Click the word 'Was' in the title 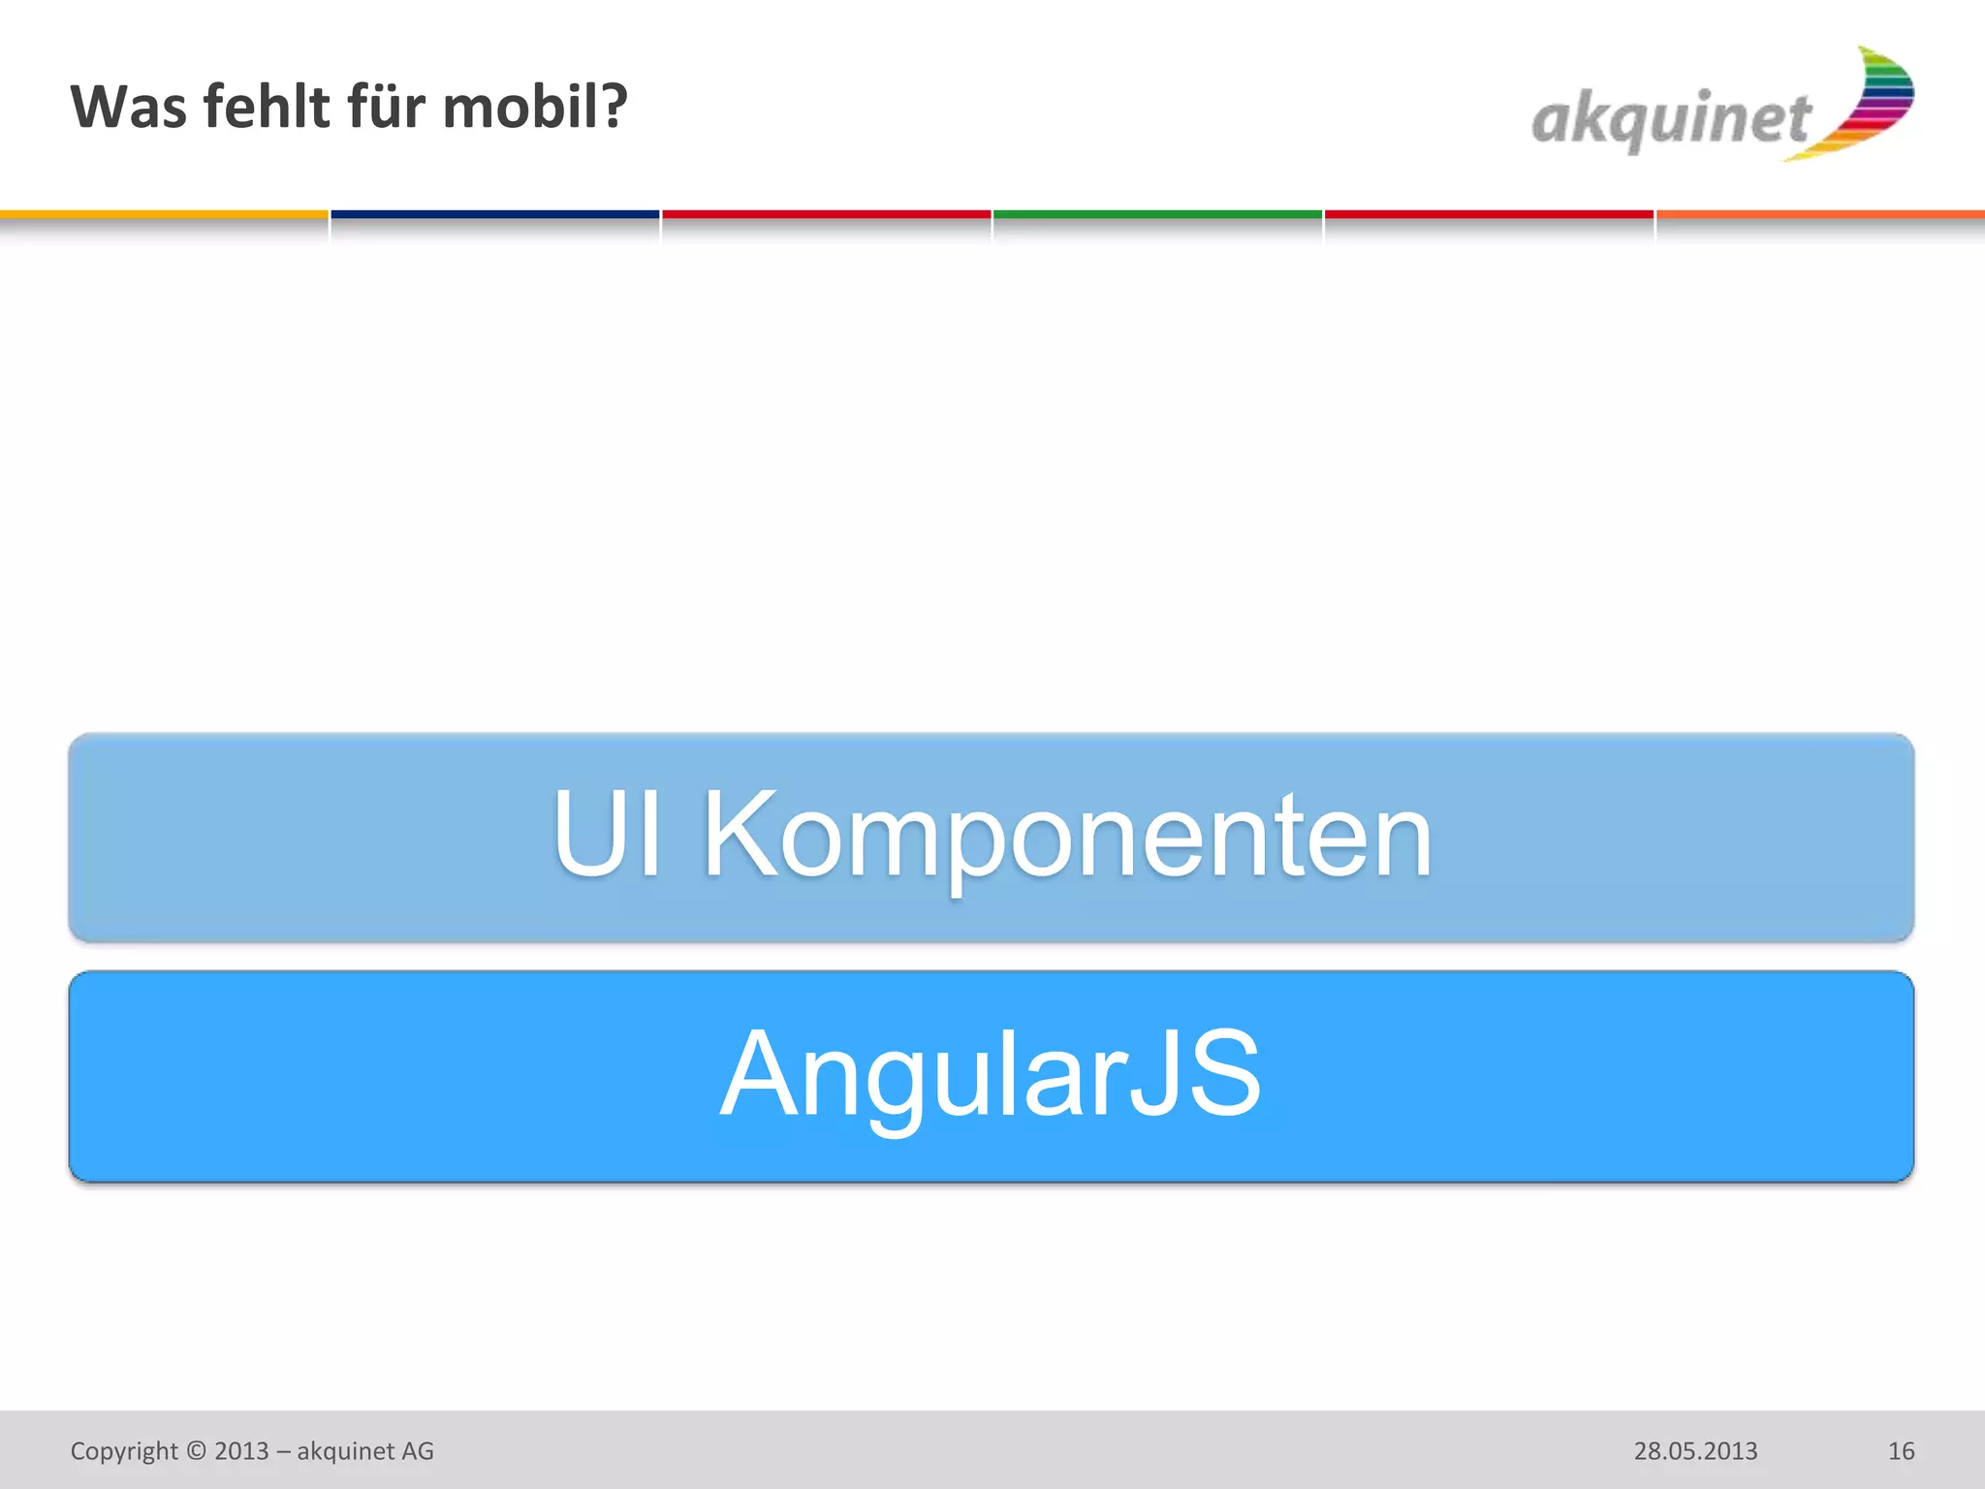point(129,107)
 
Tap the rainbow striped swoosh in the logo point(1871,103)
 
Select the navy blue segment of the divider point(494,214)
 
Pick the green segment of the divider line point(1157,214)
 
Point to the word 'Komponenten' point(1066,837)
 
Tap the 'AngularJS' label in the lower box point(991,1074)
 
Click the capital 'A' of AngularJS point(757,1072)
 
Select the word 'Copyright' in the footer point(124,1451)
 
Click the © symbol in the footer point(197,1451)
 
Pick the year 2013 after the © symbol point(241,1451)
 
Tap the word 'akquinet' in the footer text point(345,1451)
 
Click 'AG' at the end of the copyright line point(418,1451)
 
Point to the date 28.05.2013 point(1695,1451)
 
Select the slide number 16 point(1901,1451)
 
